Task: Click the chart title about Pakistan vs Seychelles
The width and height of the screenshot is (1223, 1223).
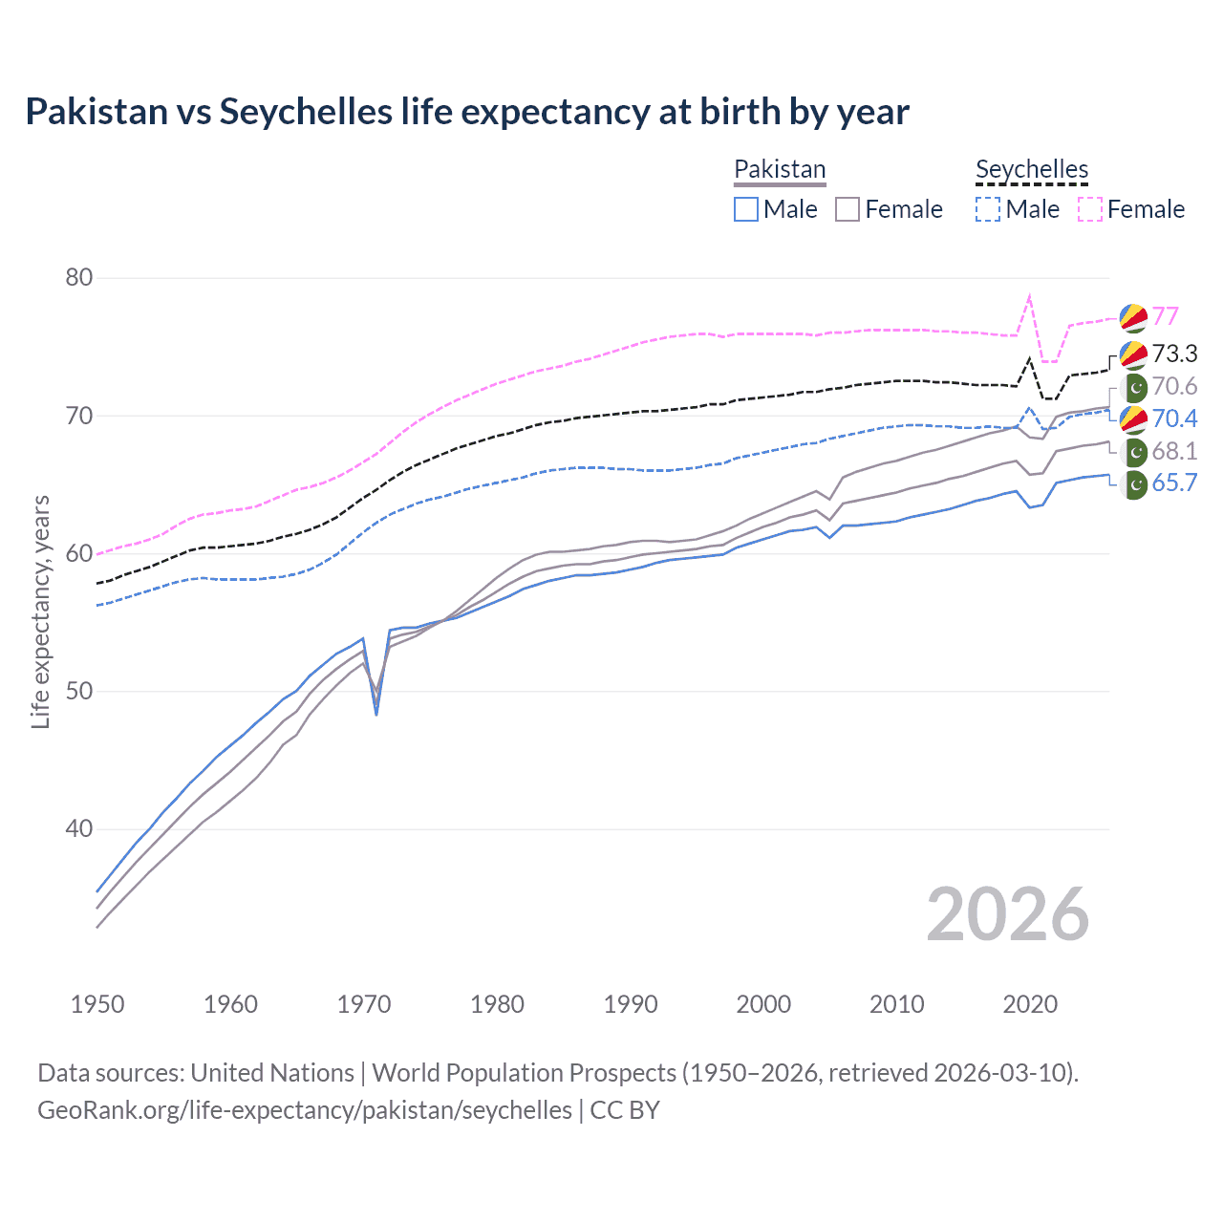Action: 467,112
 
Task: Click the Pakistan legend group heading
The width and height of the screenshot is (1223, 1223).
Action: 780,169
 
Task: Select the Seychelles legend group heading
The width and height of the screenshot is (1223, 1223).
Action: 1032,169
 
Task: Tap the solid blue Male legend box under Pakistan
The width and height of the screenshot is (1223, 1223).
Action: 746,209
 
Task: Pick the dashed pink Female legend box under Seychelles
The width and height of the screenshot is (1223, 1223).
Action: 1090,209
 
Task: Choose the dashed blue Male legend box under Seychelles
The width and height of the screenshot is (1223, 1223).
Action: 988,209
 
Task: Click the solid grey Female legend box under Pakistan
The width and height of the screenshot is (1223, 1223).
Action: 848,209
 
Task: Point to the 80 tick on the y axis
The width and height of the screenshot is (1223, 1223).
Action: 78,278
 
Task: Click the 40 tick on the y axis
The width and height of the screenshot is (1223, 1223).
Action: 78,829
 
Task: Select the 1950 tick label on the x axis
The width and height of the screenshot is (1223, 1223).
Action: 97,1004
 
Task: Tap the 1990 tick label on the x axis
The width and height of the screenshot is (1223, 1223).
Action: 631,1004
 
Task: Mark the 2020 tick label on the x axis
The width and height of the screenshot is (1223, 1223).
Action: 1030,1004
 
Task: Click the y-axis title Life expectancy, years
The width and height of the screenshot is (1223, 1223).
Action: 40,611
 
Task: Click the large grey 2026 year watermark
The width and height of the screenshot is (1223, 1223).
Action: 1007,914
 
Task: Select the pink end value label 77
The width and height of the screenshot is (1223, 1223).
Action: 1165,316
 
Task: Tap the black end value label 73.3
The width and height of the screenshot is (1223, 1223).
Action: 1174,354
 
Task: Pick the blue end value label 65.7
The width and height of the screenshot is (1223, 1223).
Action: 1174,483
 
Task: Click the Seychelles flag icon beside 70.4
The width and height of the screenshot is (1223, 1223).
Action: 1133,418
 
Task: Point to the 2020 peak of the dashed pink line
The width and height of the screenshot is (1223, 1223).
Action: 1029,296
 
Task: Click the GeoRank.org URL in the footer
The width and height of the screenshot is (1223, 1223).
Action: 305,1110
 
